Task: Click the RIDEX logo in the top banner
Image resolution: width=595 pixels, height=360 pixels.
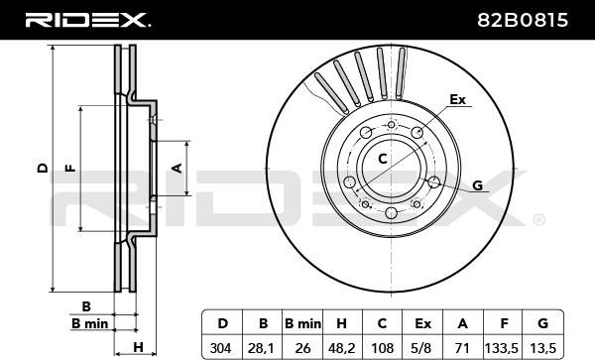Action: click(87, 20)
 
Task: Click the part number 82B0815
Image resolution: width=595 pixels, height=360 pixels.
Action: click(523, 20)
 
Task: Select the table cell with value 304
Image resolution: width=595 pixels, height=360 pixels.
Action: click(222, 347)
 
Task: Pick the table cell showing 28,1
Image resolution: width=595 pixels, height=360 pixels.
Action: click(263, 347)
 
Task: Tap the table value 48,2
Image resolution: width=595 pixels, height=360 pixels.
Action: click(342, 347)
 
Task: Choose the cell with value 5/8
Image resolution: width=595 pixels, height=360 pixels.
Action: click(422, 347)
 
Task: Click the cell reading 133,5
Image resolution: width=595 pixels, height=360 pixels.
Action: click(503, 347)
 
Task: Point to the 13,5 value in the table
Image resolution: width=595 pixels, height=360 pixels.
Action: click(542, 347)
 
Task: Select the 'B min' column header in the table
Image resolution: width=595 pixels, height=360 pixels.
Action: click(302, 323)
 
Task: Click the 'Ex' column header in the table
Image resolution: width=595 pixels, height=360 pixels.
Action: click(422, 323)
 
